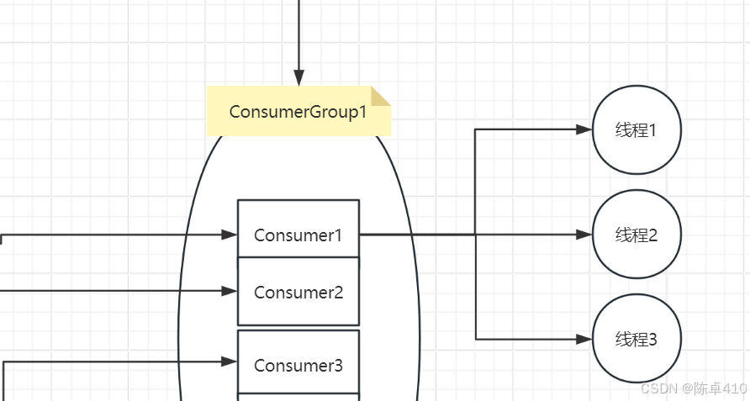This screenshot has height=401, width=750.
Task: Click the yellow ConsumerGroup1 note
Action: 298,111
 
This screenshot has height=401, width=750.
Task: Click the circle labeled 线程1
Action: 636,130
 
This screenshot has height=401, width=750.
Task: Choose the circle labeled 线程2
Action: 636,235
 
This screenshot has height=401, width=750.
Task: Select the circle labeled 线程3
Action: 636,339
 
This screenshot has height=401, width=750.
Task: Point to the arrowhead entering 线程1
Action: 584,129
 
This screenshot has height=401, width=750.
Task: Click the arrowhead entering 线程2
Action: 584,235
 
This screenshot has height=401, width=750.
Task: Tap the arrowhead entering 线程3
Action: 584,339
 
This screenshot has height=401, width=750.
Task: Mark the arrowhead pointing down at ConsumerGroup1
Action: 298,78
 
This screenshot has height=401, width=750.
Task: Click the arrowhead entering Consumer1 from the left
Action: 230,235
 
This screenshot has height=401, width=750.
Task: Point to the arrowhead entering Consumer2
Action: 230,291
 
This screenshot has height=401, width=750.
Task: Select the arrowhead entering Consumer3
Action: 230,361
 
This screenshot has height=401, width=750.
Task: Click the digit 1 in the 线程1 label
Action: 652,130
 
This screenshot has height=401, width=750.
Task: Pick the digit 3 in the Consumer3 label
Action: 338,366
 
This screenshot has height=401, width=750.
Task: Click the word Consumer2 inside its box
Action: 298,293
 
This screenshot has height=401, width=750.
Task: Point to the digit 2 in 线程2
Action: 652,235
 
